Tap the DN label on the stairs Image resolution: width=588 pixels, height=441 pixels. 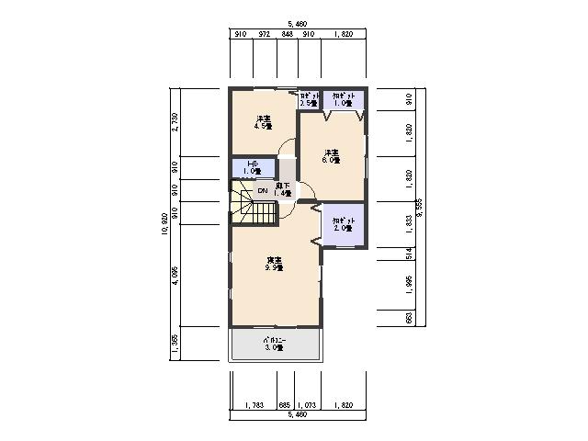262,191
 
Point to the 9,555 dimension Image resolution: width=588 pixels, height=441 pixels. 419,209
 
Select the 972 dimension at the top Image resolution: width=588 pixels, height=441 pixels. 264,33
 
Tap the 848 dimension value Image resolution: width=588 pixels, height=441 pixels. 287,33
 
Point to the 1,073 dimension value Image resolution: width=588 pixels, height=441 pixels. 307,405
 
